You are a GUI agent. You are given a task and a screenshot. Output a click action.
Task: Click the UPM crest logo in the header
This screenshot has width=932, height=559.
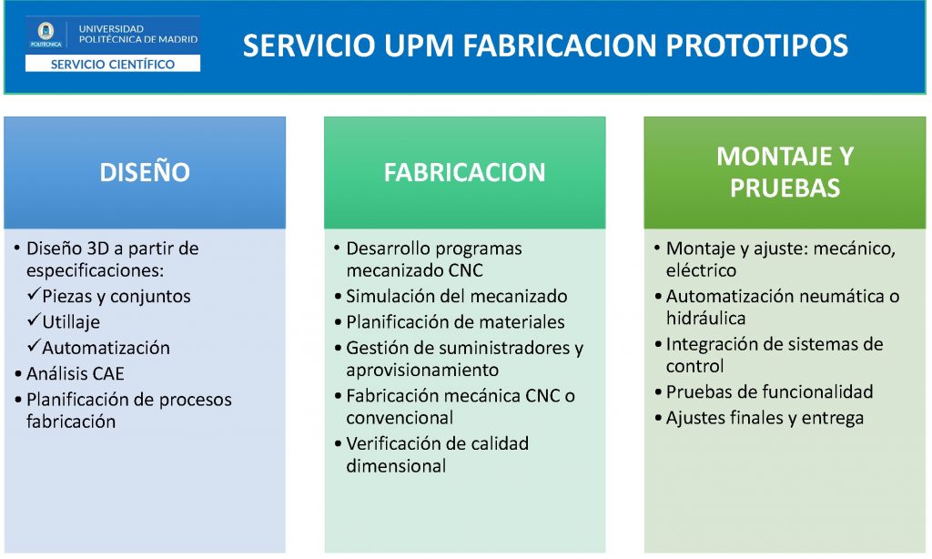point(46,35)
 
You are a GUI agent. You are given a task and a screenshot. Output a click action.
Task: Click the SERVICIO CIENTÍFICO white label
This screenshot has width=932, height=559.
point(112,64)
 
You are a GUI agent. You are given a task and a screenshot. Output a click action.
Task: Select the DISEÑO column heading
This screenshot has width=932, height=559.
point(145,172)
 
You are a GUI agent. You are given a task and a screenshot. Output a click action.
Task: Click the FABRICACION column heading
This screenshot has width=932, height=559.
point(464,172)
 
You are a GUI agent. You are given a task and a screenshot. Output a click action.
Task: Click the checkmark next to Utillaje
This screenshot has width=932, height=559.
point(34,320)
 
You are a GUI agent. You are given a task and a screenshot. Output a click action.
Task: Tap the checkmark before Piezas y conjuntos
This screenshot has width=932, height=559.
point(34,294)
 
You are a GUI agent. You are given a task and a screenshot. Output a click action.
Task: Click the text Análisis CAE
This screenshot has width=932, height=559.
point(75,373)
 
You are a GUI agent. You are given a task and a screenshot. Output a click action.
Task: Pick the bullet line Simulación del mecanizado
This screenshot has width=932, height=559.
point(457,296)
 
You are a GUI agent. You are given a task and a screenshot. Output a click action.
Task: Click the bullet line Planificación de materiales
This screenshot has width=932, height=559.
point(455,322)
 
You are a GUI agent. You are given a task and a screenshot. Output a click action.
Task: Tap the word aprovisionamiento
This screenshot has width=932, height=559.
point(422,370)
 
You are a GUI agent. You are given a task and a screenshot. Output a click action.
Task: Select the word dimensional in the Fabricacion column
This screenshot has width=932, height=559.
point(396,465)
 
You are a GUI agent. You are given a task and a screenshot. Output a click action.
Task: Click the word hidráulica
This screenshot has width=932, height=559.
point(705,318)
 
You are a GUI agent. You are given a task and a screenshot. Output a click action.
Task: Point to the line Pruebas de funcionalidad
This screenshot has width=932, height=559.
point(769,391)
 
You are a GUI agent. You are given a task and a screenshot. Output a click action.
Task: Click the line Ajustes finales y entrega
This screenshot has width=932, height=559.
point(765,418)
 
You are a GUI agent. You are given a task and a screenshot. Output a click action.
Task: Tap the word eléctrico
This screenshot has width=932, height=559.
point(701,270)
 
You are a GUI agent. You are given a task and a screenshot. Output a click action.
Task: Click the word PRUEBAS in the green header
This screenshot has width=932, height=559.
point(785,188)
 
